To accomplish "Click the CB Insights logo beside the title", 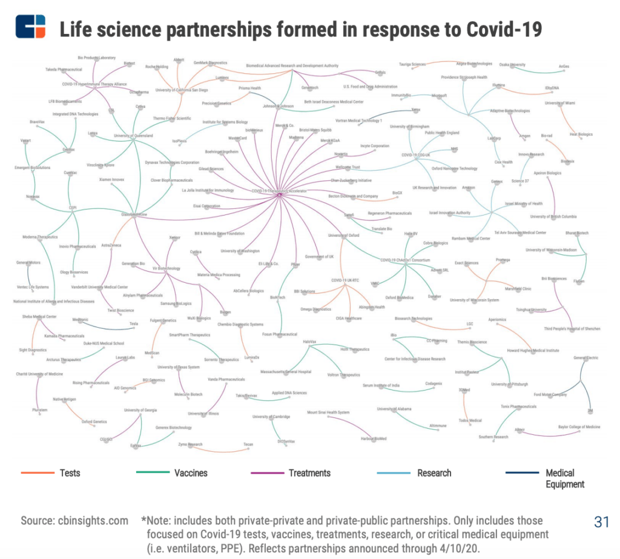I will coord(30,28).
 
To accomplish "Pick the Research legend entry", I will coord(434,472).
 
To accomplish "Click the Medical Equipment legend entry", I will coord(564,478).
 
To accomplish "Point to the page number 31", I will coord(601,522).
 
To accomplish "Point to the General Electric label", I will coord(585,358).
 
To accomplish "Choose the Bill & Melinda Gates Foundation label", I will coord(219,233).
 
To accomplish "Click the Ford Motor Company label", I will coord(550,395).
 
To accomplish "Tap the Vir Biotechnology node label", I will coord(165,268).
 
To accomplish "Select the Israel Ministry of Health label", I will coord(519,203).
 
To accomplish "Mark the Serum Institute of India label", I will coord(381,385).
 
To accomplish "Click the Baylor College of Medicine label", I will coord(579,427).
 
